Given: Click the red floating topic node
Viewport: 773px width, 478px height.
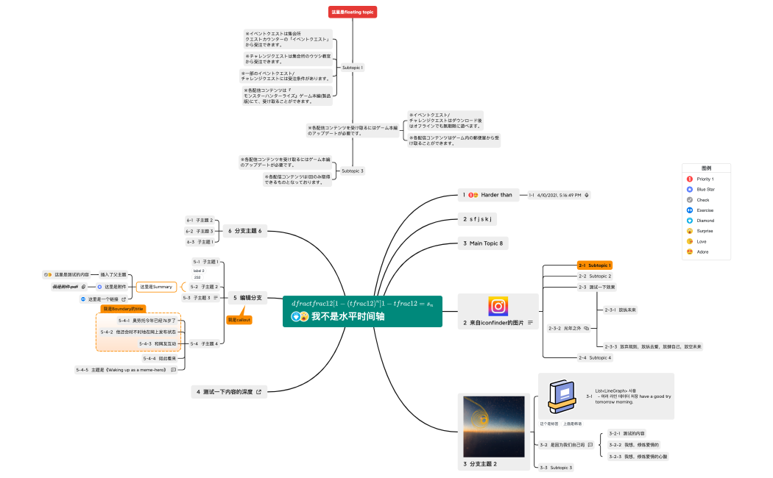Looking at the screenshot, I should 353,12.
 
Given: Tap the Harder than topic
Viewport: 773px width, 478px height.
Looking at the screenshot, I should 490,195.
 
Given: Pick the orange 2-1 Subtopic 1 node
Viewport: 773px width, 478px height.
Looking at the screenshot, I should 595,265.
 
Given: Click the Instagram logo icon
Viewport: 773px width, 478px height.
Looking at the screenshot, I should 498,306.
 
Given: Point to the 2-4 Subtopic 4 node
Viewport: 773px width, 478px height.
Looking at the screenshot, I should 595,357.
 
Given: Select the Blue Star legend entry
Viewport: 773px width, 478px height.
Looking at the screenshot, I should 705,189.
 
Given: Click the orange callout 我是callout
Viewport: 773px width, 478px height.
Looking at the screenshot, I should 239,320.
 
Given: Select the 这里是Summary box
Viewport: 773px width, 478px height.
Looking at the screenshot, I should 156,286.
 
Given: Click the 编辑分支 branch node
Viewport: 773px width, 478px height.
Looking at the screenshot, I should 247,298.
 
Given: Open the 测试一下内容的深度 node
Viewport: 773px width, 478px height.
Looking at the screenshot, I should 229,392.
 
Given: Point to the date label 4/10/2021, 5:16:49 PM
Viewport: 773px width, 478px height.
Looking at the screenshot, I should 559,195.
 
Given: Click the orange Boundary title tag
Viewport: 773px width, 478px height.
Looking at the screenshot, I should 124,308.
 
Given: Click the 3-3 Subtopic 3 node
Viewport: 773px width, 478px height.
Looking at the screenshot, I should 556,467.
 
